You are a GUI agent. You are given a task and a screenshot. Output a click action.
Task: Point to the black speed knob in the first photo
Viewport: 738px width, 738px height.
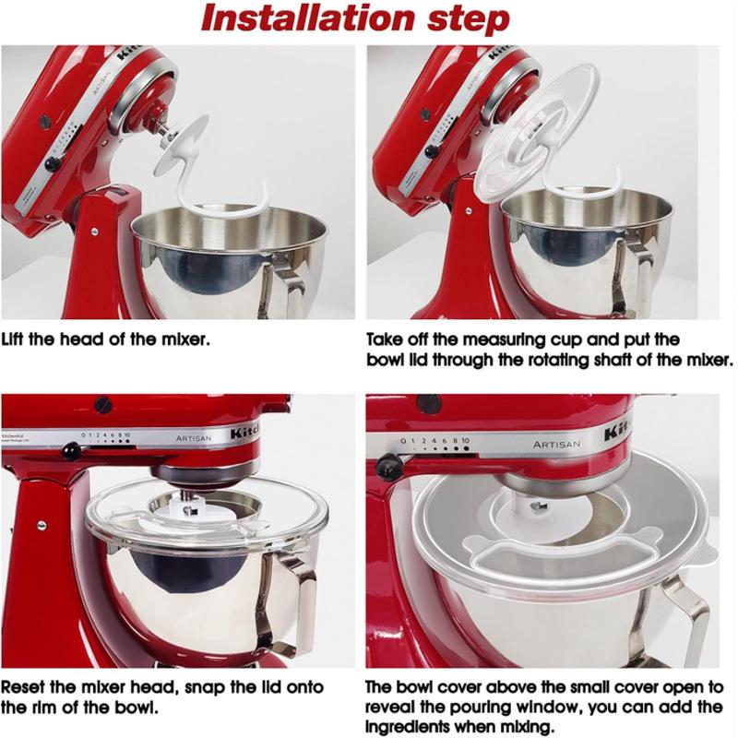[x=53, y=163]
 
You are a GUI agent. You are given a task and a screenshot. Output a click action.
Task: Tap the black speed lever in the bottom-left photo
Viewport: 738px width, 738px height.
[x=69, y=451]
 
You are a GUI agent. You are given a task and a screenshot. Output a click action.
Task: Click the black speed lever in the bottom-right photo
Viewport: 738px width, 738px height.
[x=391, y=467]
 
